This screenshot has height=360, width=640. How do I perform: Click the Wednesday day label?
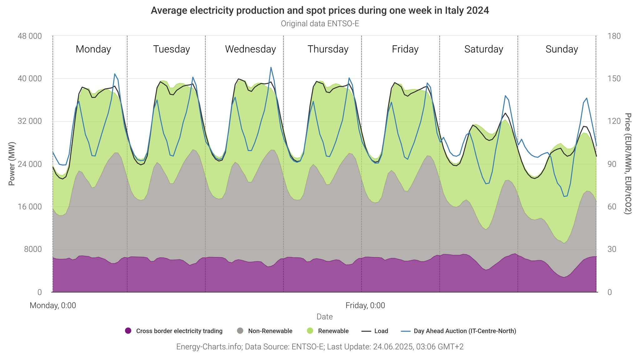click(250, 49)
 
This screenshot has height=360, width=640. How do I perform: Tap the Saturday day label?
click(483, 49)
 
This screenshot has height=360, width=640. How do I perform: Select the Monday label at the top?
click(93, 49)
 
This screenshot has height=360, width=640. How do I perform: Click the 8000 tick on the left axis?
click(33, 249)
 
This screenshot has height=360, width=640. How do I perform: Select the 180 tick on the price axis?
click(614, 36)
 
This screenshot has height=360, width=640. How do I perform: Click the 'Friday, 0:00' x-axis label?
click(365, 306)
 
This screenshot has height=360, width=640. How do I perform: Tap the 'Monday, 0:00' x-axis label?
click(53, 306)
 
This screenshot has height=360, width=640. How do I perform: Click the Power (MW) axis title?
click(12, 164)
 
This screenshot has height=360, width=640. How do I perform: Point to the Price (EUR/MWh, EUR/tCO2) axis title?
click(627, 164)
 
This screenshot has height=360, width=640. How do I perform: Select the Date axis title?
click(324, 317)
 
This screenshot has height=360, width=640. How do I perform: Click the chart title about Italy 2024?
click(320, 11)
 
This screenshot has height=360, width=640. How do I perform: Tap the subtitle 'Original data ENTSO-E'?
click(320, 24)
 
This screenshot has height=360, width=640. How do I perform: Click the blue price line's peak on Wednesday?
click(271, 67)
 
